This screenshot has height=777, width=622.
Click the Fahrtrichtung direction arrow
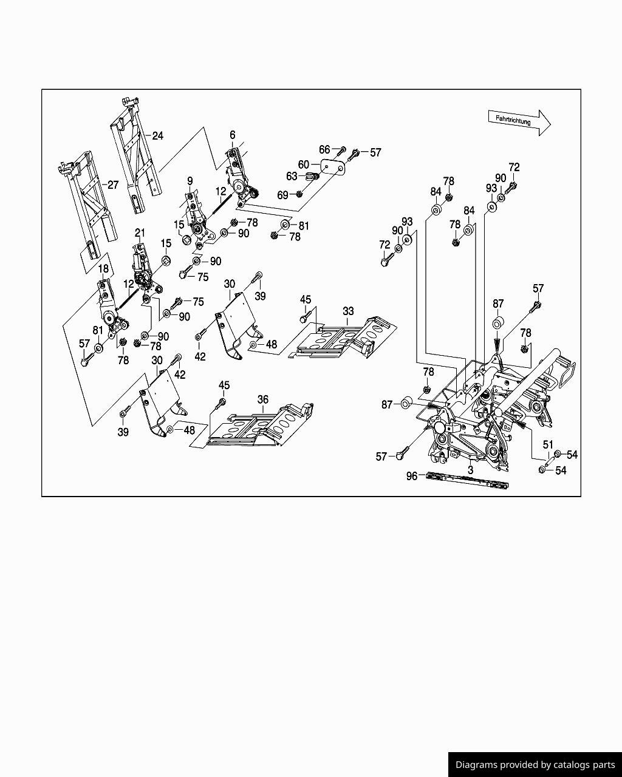[x=519, y=122]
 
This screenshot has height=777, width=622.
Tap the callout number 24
[x=157, y=136]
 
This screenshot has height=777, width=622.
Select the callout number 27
[x=113, y=185]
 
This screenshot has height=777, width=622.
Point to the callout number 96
[x=412, y=477]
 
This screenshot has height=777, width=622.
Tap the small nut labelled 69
[x=299, y=194]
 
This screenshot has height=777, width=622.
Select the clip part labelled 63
[x=312, y=177]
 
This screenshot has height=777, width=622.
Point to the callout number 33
[x=348, y=311]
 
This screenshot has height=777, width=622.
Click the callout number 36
[x=263, y=399]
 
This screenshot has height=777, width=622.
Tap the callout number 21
[x=140, y=233]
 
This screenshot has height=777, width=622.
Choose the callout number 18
[x=103, y=269]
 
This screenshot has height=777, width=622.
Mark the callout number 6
[x=233, y=135]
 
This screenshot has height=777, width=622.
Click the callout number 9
[x=190, y=182]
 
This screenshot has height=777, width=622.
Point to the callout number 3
[x=470, y=470]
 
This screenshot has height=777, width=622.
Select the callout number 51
[x=548, y=445]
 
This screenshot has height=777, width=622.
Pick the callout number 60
[x=304, y=165]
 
